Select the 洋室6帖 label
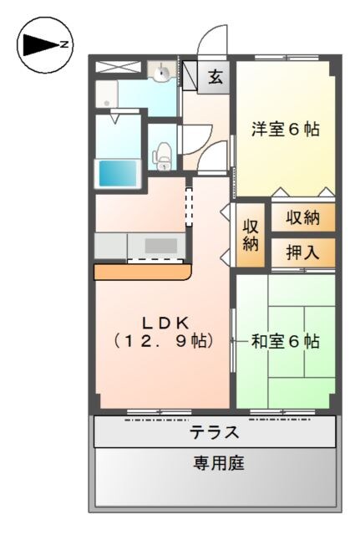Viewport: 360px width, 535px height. [x=286, y=130]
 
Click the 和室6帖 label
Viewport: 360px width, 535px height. [x=286, y=341]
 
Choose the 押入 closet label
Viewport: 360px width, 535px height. [x=302, y=252]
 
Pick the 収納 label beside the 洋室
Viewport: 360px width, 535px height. [x=302, y=218]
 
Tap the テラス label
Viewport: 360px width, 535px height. [x=215, y=433]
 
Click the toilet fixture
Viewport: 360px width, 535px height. [x=164, y=154]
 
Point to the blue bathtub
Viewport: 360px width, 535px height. [x=118, y=172]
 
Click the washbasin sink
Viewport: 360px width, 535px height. [x=162, y=74]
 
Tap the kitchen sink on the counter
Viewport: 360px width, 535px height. [x=161, y=246]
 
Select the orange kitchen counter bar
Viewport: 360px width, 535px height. [x=142, y=272]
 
